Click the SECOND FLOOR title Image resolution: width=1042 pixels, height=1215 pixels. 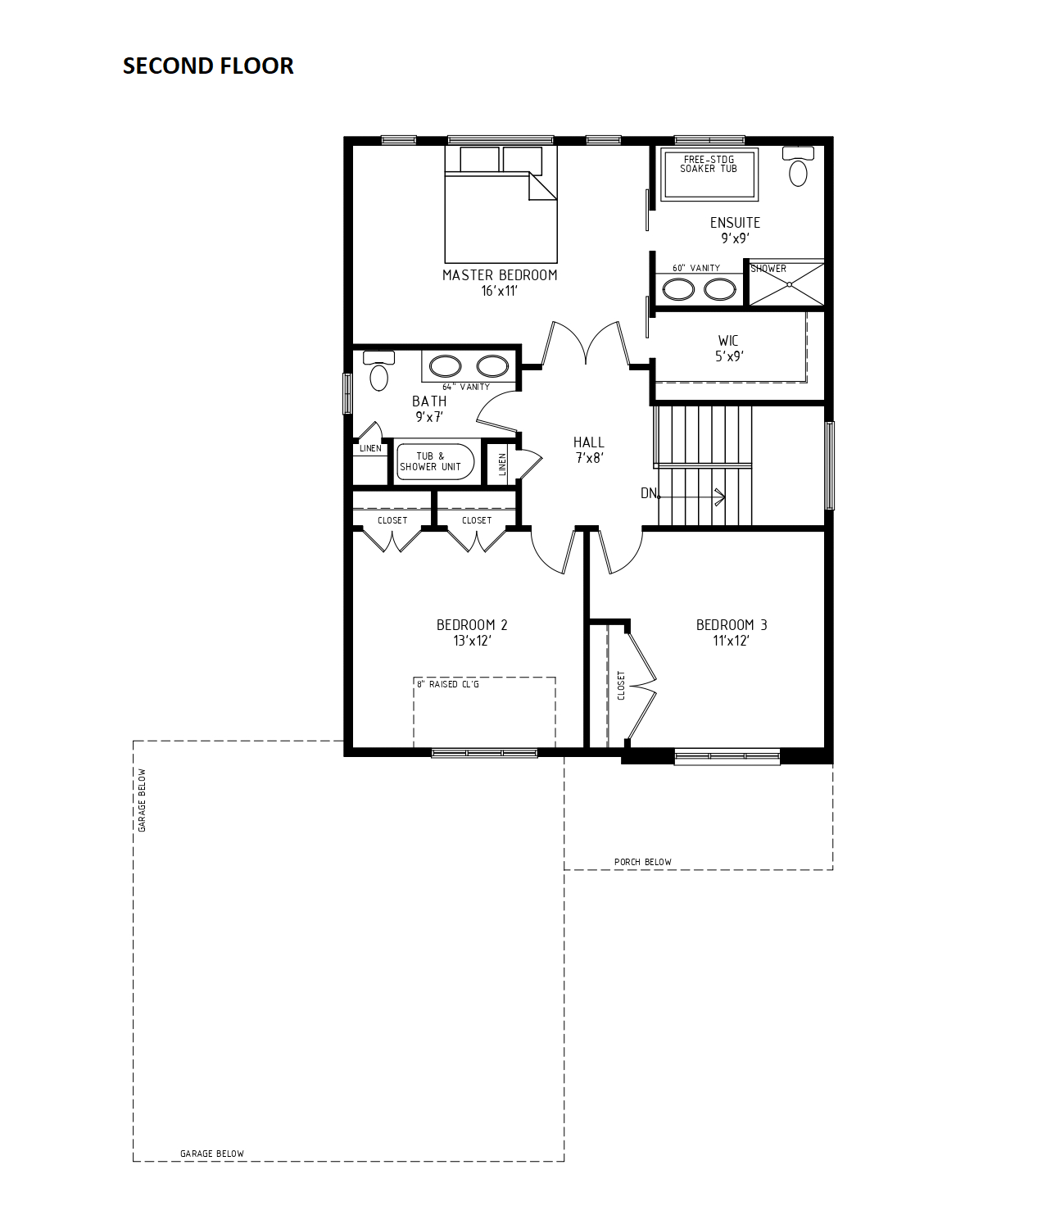(x=208, y=66)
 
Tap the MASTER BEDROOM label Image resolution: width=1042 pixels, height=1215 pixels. (x=500, y=275)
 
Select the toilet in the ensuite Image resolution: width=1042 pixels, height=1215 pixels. (x=798, y=165)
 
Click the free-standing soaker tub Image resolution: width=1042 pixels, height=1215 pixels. (x=709, y=174)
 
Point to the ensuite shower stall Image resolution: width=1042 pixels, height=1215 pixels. (x=787, y=284)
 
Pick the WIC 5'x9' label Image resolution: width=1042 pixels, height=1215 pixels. (x=729, y=348)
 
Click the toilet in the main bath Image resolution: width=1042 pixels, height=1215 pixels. (x=378, y=370)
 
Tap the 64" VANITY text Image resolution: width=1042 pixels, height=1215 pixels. (x=466, y=387)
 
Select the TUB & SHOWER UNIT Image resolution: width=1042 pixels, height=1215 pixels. (x=436, y=461)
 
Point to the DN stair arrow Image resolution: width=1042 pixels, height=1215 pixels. (x=691, y=497)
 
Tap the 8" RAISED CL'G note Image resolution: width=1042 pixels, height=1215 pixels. (x=448, y=684)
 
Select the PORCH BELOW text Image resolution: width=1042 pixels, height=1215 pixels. (x=643, y=862)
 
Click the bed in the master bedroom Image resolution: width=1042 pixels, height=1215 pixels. (x=501, y=204)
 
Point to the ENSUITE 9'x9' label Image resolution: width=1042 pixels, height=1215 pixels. (x=736, y=230)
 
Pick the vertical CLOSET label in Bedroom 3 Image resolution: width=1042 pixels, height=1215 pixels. (x=621, y=686)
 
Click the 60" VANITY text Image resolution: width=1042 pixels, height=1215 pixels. (x=696, y=268)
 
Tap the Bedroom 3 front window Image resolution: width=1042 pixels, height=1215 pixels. (x=727, y=756)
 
